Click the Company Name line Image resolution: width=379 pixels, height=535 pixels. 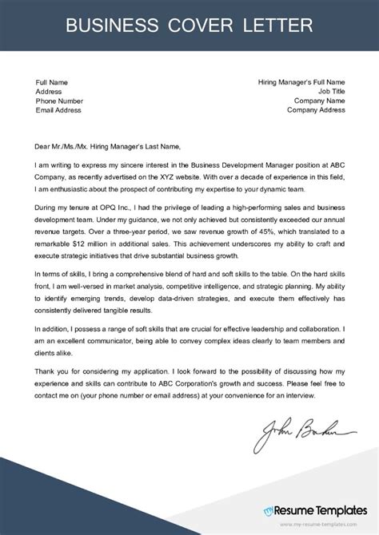point(319,101)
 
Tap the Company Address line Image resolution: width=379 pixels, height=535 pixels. point(315,111)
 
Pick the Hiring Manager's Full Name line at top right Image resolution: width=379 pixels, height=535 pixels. point(301,82)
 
